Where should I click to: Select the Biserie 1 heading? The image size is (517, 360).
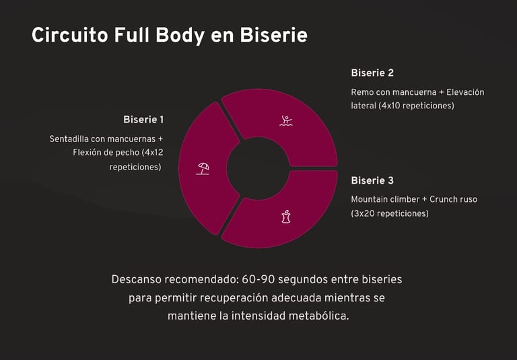click(143, 120)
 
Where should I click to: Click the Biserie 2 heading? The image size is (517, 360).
click(372, 73)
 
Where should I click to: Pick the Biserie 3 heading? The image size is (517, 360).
click(372, 180)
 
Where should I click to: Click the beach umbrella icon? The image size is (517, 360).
click(203, 168)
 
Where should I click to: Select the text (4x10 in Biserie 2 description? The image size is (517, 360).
click(390, 106)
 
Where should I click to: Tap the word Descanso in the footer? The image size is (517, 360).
click(141, 279)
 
